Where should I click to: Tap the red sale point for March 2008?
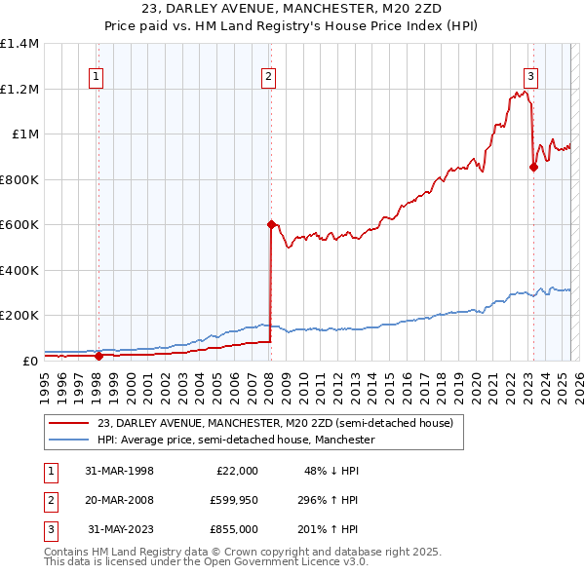coord(271,224)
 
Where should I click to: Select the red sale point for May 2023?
coord(533,167)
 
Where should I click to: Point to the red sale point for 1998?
coord(97,356)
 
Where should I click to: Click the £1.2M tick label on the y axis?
coord(19,89)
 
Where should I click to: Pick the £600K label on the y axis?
coord(19,224)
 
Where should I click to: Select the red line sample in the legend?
coord(68,424)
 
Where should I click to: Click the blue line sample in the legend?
coord(68,441)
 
